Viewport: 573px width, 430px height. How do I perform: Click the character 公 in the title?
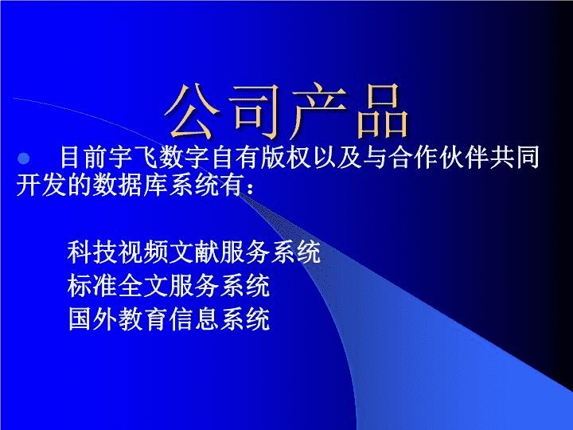pos(193,111)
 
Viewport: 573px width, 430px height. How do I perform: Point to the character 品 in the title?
pos(382,111)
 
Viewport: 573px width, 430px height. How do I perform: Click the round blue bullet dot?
pos(24,158)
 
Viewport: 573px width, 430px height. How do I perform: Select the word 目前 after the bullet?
pos(84,158)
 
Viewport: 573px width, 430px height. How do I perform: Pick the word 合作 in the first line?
pos(413,158)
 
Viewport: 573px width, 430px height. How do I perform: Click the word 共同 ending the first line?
pos(515,158)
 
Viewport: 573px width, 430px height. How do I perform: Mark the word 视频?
pos(143,252)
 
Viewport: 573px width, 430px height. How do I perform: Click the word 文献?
pos(193,252)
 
